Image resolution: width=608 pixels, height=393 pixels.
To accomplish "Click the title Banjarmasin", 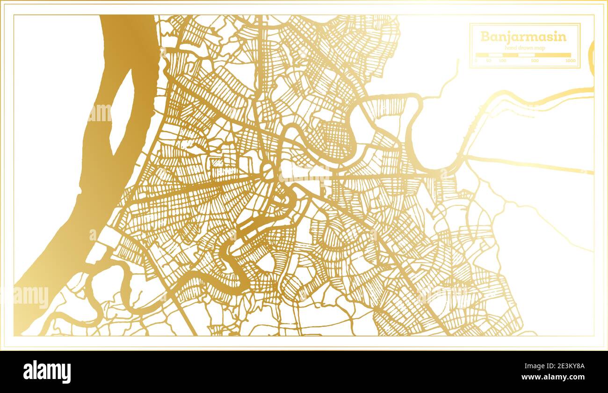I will (523, 37).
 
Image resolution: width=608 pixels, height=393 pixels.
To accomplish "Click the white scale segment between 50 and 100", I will (496, 55).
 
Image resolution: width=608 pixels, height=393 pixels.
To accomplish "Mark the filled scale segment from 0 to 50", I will (482, 55).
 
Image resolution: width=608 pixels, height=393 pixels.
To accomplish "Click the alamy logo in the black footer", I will (47, 371).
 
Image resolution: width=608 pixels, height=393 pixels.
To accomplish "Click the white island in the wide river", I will (122, 112).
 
